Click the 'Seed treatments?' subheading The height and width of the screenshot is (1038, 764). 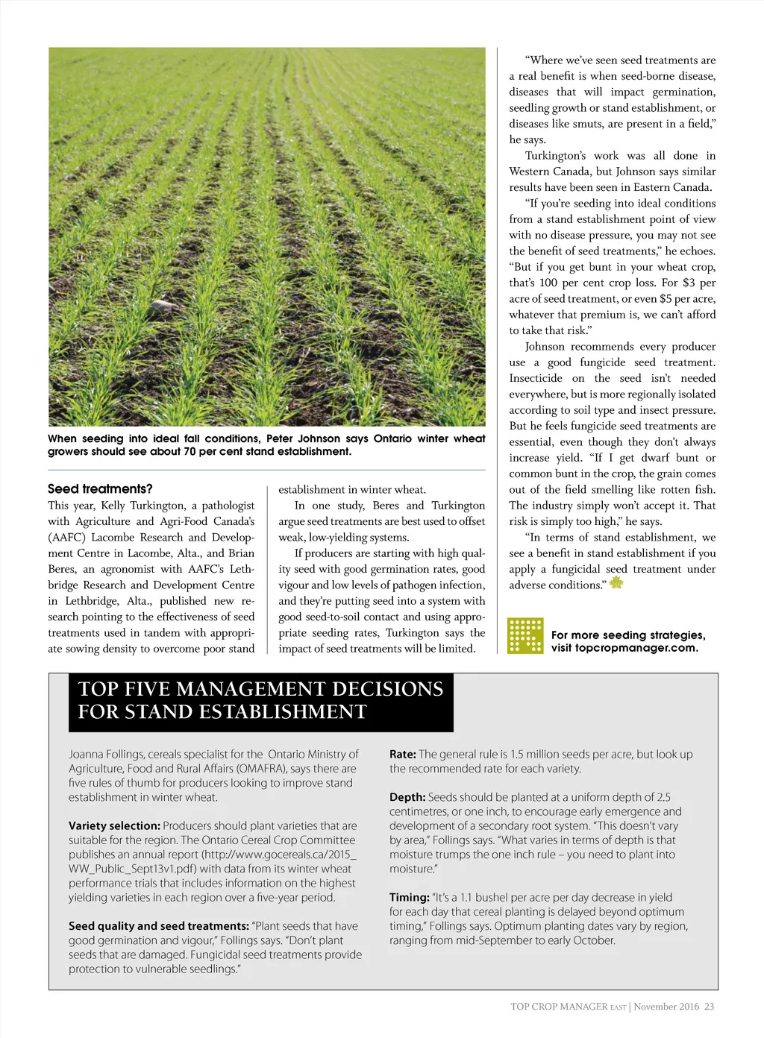[100, 489]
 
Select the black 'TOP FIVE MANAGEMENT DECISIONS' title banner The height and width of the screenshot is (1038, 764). [260, 700]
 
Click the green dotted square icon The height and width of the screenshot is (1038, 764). [525, 636]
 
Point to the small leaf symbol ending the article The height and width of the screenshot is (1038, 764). [616, 583]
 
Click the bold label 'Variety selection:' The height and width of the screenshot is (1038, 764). [114, 825]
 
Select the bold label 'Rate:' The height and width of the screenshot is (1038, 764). [402, 754]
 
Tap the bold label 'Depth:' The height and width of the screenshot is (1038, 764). [407, 797]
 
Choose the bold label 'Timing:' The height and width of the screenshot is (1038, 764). [410, 897]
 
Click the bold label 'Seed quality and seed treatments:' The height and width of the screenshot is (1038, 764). [159, 925]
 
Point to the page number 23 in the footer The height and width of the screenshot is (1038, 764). [709, 1007]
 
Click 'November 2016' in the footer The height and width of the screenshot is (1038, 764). [667, 1007]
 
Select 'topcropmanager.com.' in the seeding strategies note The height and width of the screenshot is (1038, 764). [636, 648]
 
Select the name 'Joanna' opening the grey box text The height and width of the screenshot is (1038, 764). [86, 754]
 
